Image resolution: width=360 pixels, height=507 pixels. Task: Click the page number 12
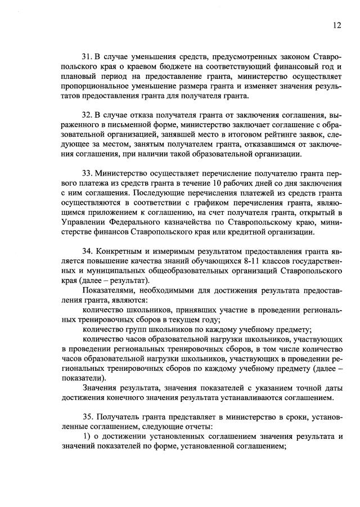336,25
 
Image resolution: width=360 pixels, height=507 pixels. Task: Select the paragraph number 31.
87,57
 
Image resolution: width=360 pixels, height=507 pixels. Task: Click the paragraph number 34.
87,250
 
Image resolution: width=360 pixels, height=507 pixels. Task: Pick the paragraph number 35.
87,417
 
